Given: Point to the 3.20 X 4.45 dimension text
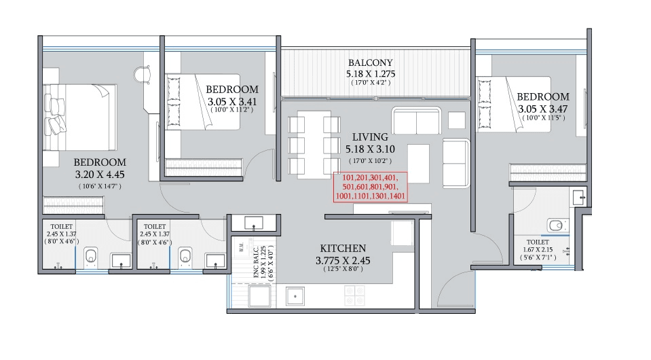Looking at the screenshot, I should coord(100,175).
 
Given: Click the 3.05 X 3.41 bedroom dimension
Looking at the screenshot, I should coord(232,102).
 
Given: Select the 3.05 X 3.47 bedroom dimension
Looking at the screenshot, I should coord(543,109).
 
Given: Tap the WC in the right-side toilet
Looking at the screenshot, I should coord(555,226).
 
